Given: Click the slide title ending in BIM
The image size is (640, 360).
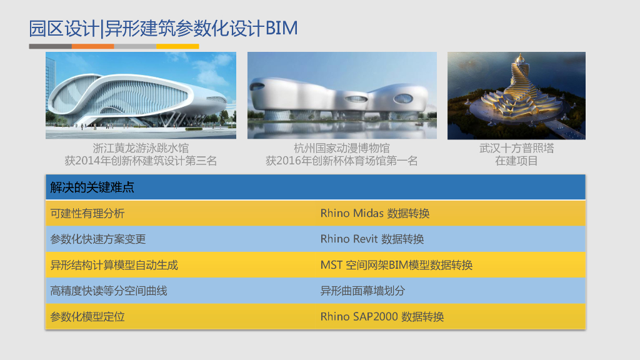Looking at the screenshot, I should point(163,28).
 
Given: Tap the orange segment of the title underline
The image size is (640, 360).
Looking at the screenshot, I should point(92,46).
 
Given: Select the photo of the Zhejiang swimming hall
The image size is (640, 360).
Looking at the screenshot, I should point(141,95).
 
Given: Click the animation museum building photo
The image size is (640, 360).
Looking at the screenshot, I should point(342,95).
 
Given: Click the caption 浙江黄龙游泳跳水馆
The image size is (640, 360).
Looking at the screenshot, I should point(141,149).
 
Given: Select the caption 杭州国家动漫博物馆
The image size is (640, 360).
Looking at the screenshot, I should point(342,149).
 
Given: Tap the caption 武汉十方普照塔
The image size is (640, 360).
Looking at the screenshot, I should point(516,149).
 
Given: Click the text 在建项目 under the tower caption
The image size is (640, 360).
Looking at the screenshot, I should point(516,161).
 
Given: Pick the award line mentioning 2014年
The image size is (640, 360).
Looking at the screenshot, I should point(141,161).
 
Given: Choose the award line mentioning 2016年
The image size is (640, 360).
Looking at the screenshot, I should point(342,161).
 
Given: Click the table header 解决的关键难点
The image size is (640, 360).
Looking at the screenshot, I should point(92,187).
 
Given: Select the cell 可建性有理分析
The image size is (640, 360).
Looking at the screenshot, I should point(87,214).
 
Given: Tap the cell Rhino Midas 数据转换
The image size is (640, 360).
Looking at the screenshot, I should point(375,214).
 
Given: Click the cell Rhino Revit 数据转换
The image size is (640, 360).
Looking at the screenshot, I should point(372,239).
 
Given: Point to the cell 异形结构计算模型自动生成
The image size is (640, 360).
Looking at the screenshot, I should point(114,265).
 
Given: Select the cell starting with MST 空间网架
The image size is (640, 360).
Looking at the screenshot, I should point(396,265).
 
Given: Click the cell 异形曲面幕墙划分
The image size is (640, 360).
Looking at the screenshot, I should point(362,291).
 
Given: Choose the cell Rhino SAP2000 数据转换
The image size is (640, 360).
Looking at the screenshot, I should point(382,317).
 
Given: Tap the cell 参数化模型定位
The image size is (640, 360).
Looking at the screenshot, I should point(87,317).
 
